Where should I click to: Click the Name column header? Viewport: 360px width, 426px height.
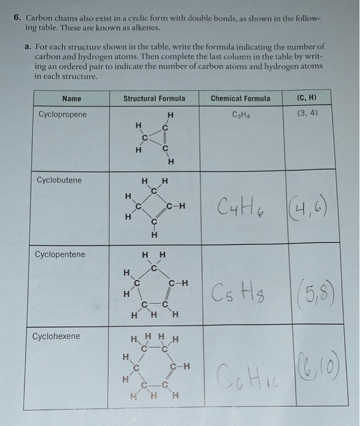(71, 99)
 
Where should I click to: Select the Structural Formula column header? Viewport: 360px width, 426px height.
(154, 99)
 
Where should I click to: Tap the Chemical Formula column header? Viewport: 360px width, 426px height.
(240, 99)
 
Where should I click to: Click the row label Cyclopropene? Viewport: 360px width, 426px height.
(62, 114)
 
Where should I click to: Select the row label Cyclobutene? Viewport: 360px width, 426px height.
(59, 181)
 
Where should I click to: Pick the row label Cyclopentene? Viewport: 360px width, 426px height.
(60, 254)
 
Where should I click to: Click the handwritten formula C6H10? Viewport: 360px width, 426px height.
(241, 371)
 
